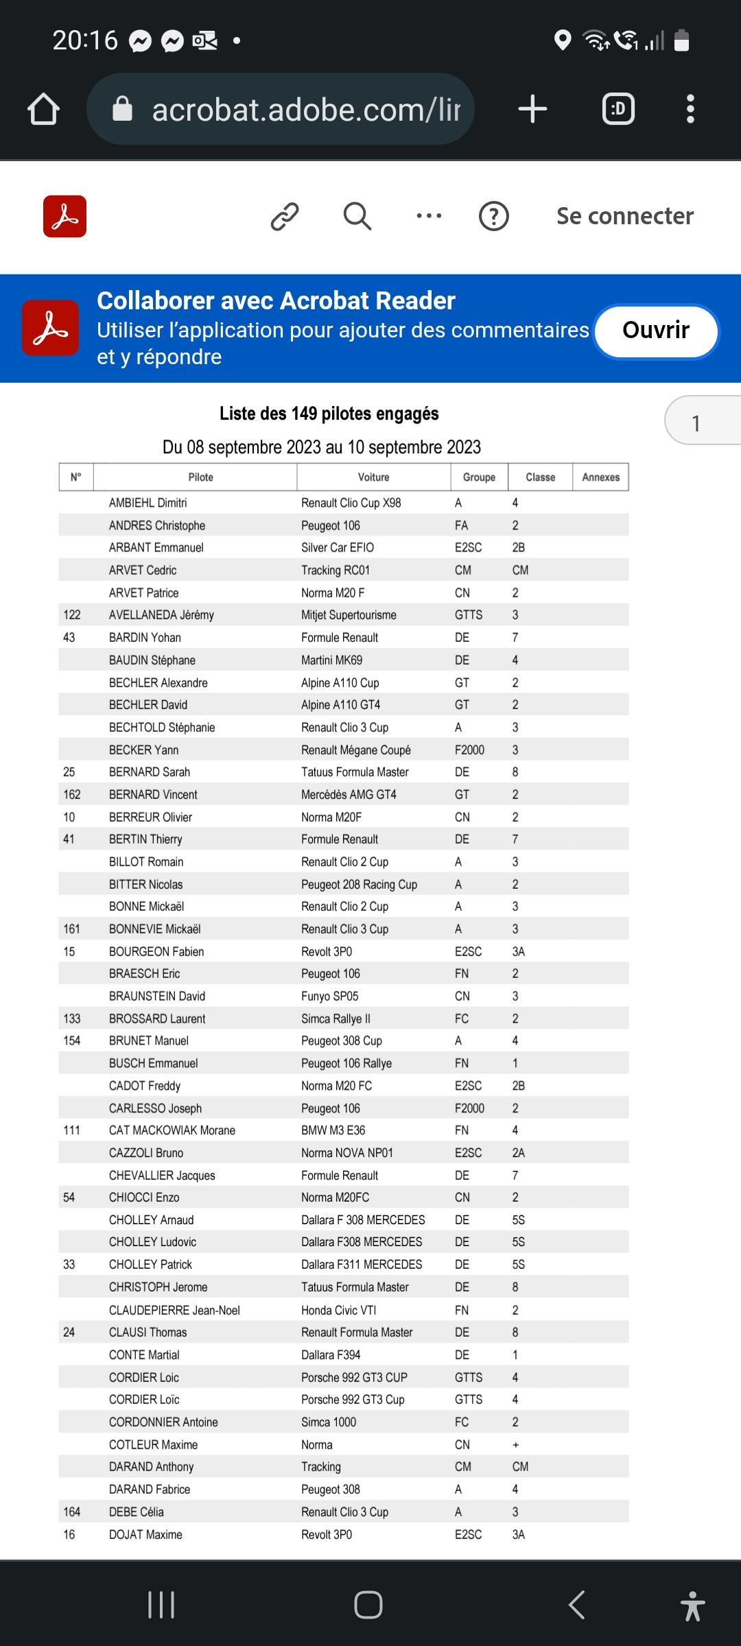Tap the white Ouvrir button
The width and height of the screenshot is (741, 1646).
click(656, 331)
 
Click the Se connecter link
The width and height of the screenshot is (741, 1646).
click(624, 216)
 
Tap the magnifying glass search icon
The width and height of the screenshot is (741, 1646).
click(357, 216)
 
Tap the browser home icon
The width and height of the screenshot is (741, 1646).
click(43, 109)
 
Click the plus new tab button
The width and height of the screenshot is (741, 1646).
click(532, 109)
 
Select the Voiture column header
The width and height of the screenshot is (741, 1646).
click(373, 477)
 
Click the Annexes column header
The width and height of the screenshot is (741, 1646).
click(600, 477)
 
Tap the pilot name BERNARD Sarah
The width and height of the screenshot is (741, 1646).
click(150, 772)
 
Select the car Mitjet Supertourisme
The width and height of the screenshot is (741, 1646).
click(349, 615)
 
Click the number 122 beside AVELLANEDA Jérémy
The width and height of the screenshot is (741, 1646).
click(72, 615)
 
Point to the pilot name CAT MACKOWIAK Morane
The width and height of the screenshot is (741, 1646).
click(172, 1130)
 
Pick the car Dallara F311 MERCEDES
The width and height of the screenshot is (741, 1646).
click(362, 1265)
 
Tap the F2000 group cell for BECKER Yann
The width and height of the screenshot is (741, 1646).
click(469, 750)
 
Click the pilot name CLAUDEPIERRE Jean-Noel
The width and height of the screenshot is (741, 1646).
click(174, 1310)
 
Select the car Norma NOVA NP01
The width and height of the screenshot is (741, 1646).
click(347, 1153)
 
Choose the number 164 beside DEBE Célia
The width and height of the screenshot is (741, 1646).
click(72, 1512)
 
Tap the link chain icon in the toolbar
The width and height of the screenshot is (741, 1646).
click(285, 216)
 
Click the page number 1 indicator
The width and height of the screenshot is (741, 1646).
click(696, 423)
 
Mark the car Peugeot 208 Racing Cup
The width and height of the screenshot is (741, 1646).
click(359, 885)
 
